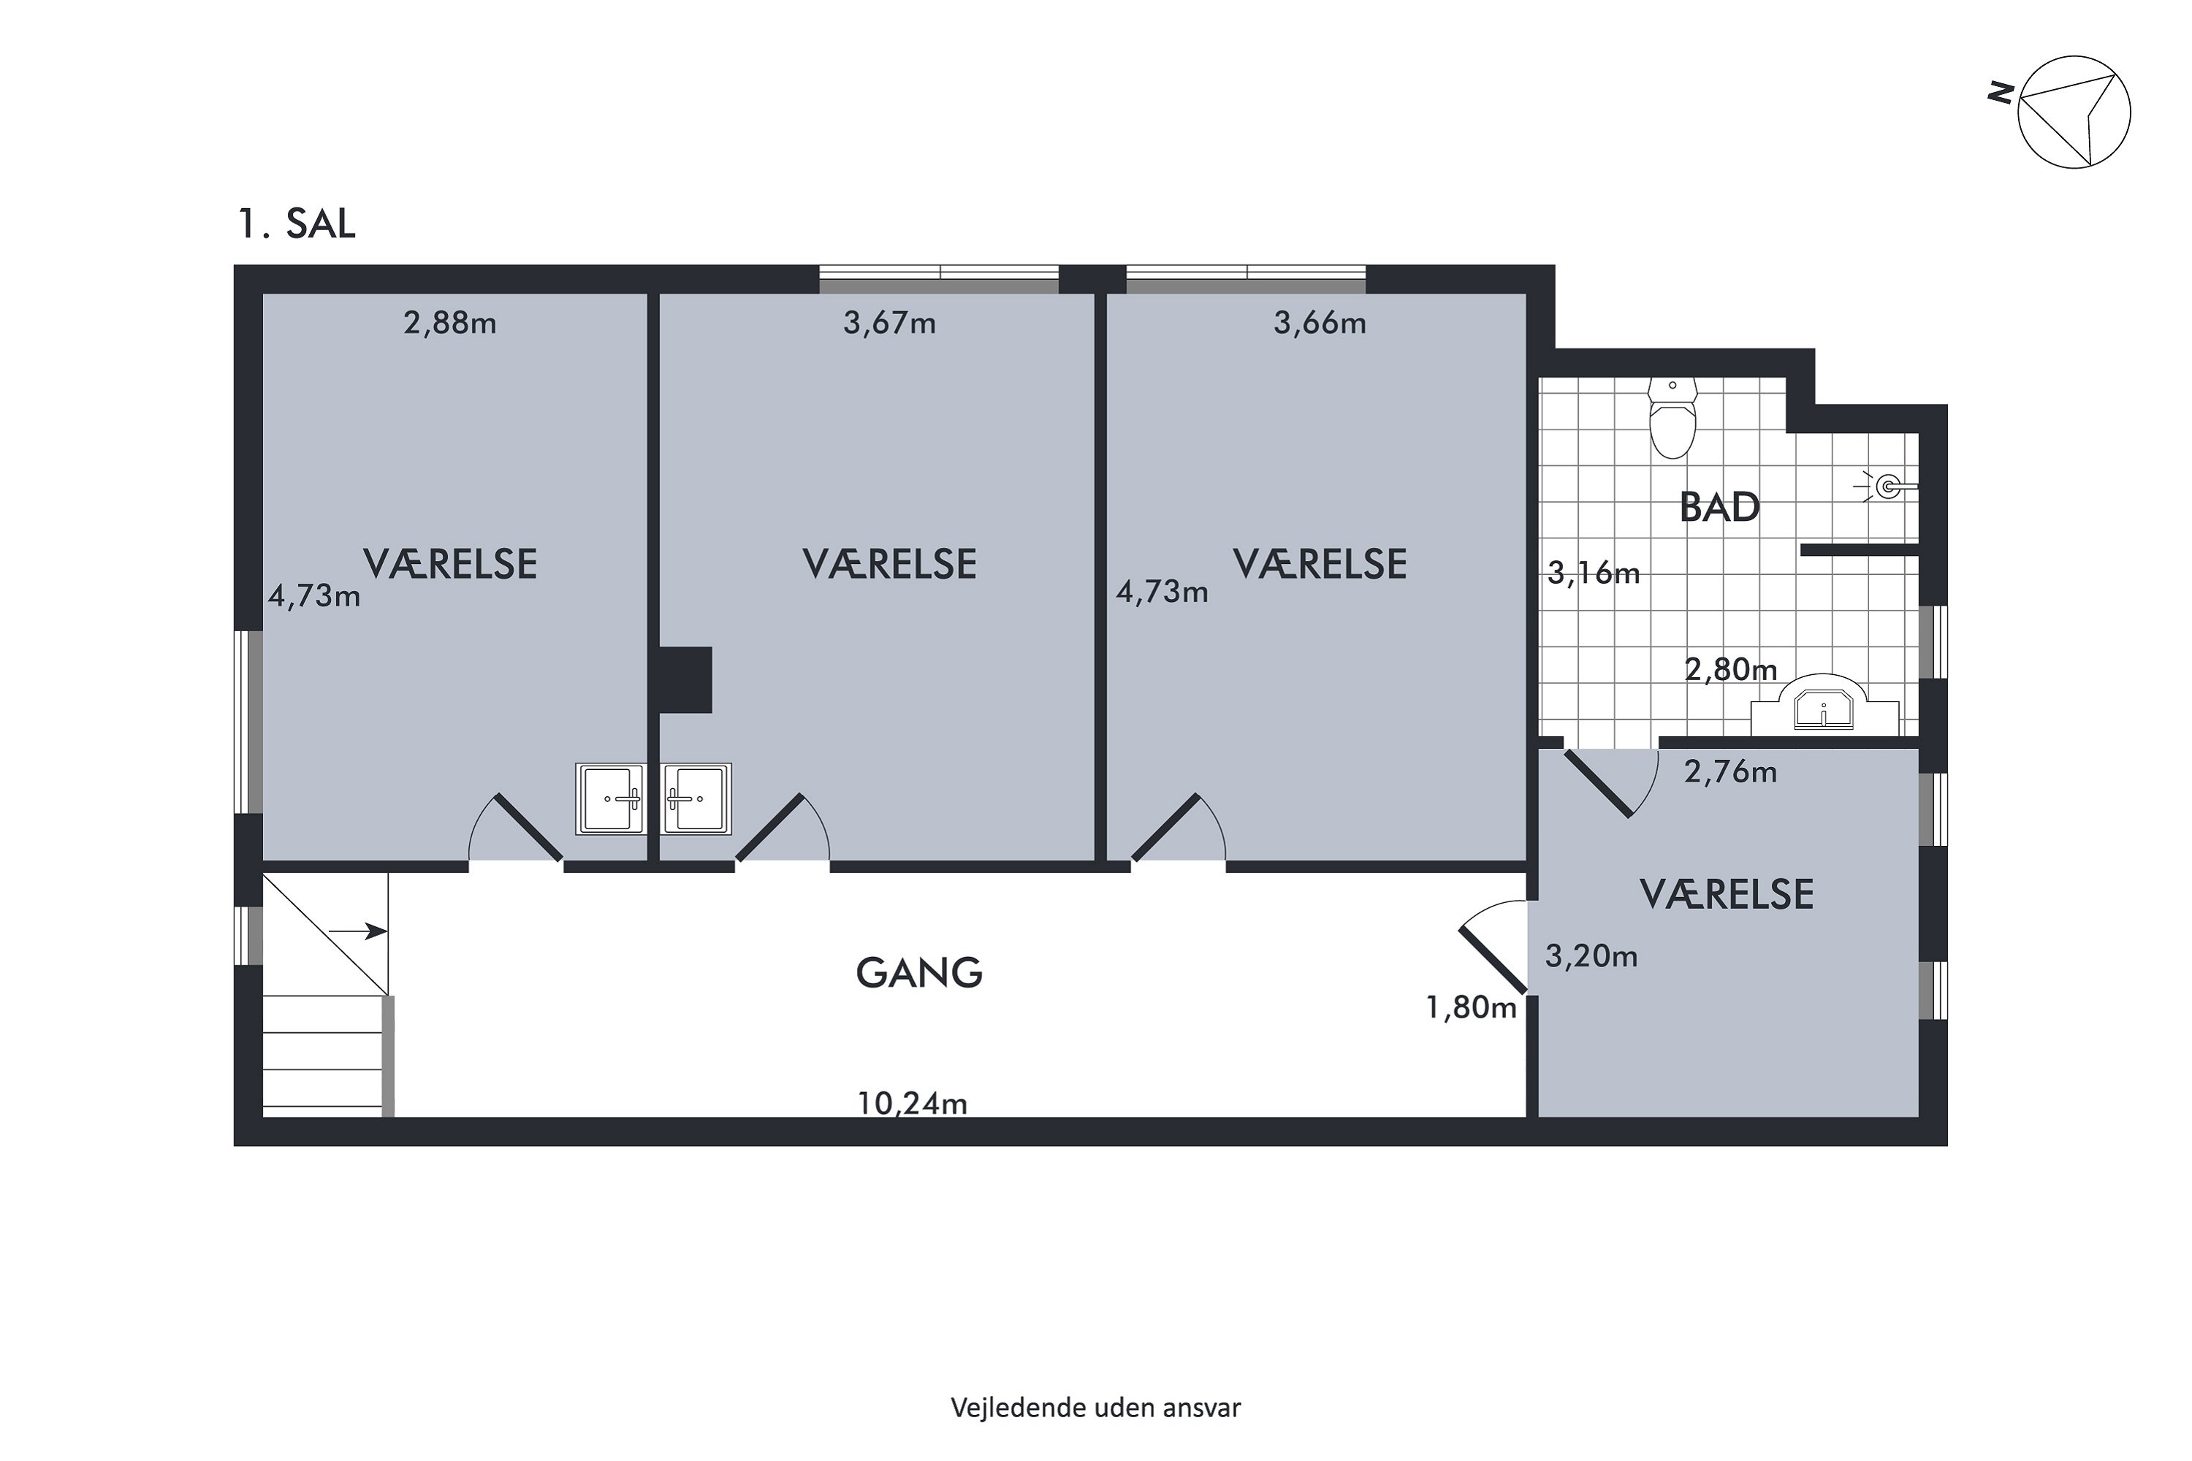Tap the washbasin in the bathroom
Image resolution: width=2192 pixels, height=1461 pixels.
(1824, 706)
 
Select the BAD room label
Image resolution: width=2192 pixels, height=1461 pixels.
(1719, 508)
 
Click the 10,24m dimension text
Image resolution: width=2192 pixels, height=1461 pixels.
(913, 1103)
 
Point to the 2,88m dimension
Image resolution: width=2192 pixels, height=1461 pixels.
(450, 324)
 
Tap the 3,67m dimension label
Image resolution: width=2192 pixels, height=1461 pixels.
(890, 324)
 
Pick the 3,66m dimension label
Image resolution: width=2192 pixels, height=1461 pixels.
(1320, 324)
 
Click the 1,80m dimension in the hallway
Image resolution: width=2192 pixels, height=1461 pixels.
(1472, 1007)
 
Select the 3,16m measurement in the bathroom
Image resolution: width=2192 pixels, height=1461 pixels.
(1594, 572)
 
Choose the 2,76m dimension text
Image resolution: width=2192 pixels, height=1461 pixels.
(1731, 771)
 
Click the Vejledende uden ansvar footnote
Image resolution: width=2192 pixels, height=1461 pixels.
(1096, 1407)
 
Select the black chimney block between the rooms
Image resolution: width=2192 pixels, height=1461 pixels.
(685, 680)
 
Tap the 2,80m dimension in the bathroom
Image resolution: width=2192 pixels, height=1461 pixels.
(1732, 669)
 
